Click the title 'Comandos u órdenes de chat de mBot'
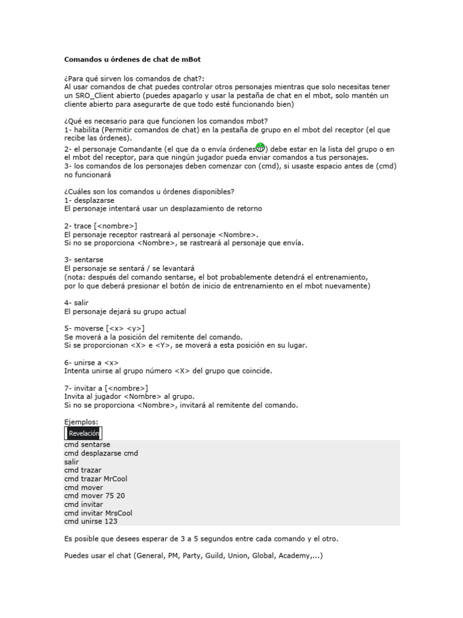(133, 60)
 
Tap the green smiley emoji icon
(260, 148)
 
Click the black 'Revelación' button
(83, 433)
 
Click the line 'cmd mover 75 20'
(95, 495)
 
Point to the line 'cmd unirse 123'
(91, 521)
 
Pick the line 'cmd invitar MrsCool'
(98, 513)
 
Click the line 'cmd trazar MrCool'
(96, 479)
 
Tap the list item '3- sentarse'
(84, 260)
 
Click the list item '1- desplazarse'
(89, 200)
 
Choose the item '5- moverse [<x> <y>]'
(104, 328)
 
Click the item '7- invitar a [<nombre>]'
(106, 387)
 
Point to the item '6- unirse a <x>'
(91, 362)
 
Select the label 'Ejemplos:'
(81, 422)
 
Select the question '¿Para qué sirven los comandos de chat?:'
(134, 78)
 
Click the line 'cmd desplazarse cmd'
(101, 453)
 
